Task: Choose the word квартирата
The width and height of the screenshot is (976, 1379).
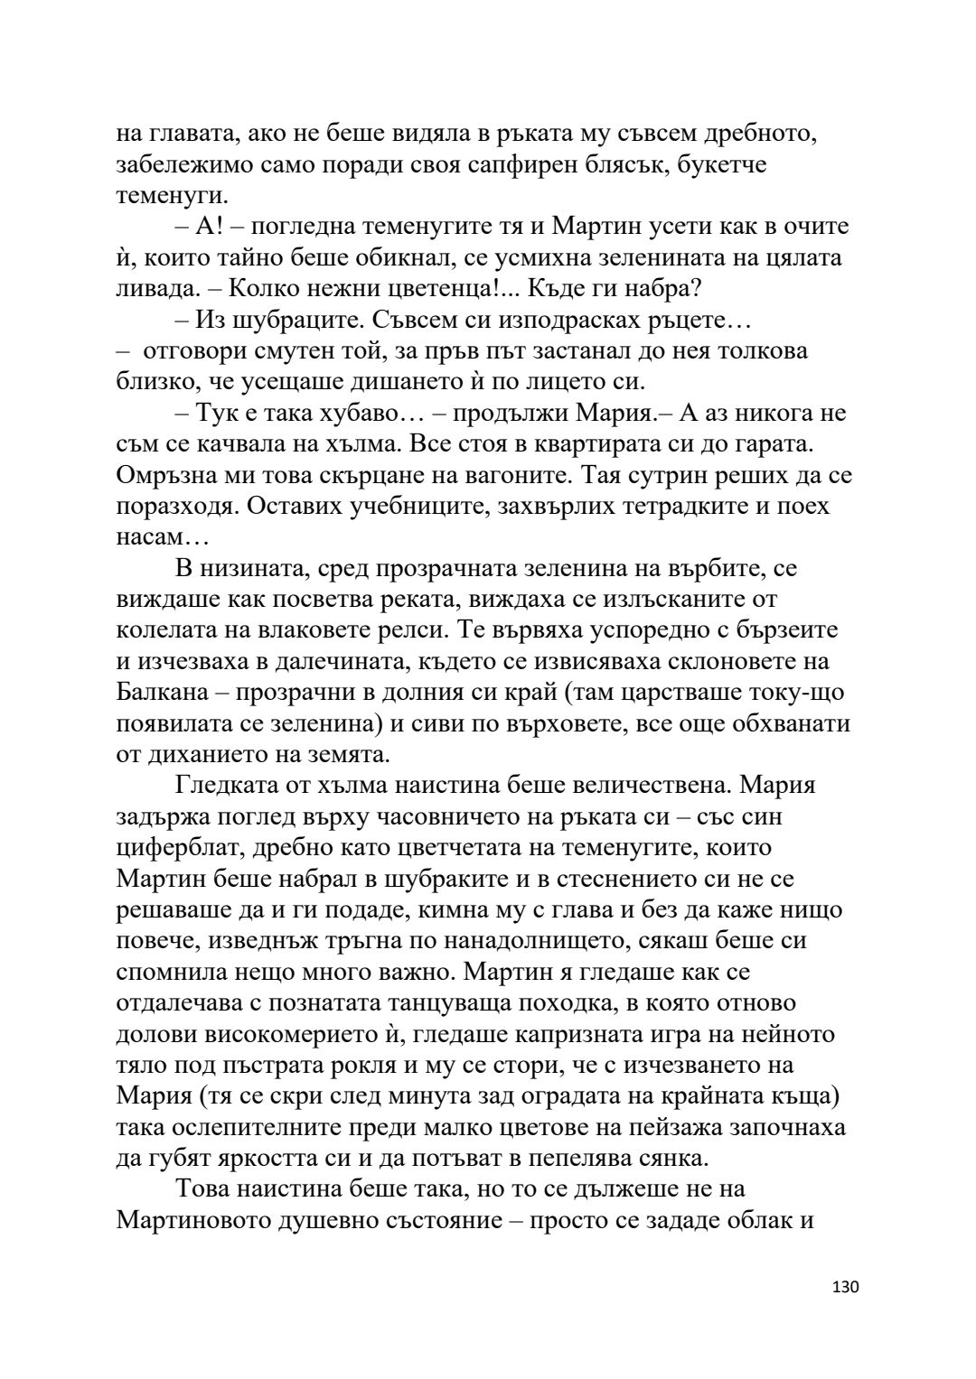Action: pos(564,443)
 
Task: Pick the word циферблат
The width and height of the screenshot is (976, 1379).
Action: pos(174,847)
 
